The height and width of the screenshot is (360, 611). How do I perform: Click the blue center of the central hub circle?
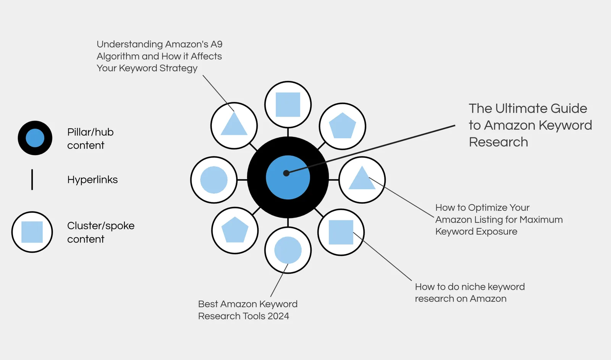(288, 177)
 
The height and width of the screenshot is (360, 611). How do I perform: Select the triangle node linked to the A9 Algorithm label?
(234, 126)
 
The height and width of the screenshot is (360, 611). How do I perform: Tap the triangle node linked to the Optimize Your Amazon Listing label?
(362, 180)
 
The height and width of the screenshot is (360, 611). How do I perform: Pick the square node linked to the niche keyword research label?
(341, 232)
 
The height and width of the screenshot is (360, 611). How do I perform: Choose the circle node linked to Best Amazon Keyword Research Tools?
(288, 250)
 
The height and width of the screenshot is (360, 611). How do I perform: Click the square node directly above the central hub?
(288, 105)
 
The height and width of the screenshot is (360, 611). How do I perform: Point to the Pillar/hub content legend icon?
(35, 138)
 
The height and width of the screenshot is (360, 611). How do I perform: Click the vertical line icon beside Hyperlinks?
(32, 179)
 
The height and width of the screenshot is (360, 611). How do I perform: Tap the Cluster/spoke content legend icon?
(32, 232)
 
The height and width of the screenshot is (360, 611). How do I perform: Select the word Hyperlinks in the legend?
(92, 180)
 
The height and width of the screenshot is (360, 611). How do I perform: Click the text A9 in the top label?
(216, 44)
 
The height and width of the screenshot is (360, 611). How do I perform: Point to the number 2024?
(278, 316)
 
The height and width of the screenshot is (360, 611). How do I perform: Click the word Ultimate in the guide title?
(521, 108)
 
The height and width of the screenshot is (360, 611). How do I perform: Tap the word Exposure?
(497, 232)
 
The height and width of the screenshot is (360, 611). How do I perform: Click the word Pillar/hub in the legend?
(90, 132)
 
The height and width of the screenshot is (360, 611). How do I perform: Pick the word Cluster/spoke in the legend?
(101, 226)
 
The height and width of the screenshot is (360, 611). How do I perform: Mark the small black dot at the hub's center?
(286, 173)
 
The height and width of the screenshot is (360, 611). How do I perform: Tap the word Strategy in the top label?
(178, 68)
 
